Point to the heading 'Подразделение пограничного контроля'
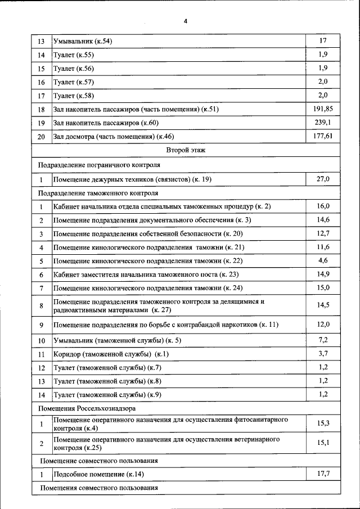[99, 165]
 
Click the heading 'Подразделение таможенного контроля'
[98, 193]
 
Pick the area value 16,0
[323, 206]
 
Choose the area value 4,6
[323, 260]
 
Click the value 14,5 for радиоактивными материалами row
[323, 305]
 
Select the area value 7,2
[323, 340]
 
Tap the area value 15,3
[323, 422]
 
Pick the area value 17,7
[323, 474]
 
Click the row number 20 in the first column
[41, 137]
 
